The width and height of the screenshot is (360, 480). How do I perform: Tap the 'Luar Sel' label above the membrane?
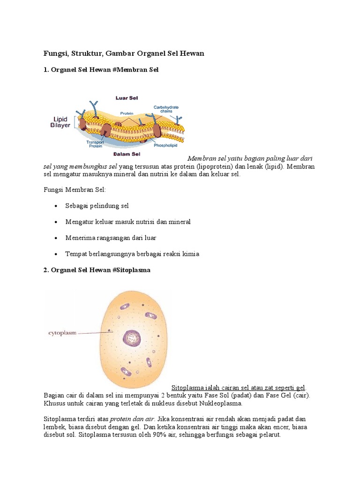127,98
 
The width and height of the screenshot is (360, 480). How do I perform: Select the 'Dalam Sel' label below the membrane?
127,154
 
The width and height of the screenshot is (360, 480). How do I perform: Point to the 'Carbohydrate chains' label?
166,110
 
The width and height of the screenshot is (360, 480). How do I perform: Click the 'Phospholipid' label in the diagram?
166,145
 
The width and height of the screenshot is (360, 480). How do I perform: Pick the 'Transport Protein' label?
95,144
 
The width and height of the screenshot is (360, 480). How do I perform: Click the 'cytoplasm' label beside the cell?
63,333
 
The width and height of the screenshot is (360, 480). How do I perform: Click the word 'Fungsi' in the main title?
55,53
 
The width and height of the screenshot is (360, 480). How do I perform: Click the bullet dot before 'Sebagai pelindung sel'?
56,206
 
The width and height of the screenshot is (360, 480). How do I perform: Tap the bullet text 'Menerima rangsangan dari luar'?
111,238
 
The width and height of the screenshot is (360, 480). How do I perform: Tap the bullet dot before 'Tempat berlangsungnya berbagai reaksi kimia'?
56,255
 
